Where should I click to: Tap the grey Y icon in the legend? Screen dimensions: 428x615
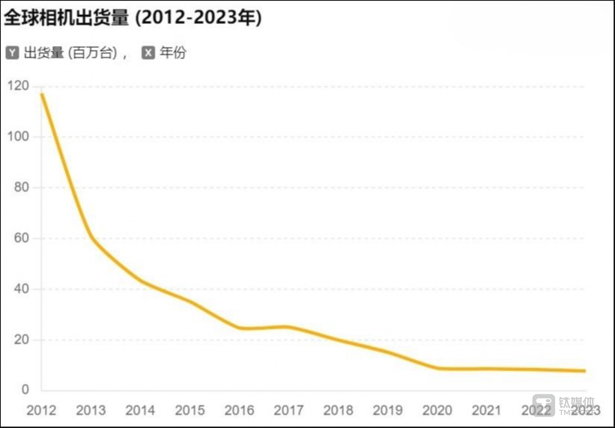pos(12,53)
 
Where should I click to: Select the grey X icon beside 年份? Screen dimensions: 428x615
pos(148,53)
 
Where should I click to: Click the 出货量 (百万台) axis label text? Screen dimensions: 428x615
pos(70,53)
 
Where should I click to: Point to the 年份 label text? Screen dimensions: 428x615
pos(173,53)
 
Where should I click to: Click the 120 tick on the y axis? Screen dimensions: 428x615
pos(18,86)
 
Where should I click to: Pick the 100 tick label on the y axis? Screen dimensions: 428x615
pos(18,137)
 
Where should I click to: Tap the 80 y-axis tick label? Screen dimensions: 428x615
pos(21,187)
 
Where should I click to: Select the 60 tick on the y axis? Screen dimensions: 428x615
pos(21,238)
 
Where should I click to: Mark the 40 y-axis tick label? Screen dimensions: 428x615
pos(21,289)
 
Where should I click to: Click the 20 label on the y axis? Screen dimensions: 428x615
pos(21,340)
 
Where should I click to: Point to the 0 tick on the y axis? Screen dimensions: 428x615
pos(25,390)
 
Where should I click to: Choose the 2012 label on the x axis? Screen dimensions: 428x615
pos(41,410)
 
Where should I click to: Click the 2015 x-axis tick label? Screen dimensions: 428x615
pos(190,410)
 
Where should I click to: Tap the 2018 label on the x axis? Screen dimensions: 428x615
pos(338,410)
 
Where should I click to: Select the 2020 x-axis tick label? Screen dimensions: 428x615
pos(437,410)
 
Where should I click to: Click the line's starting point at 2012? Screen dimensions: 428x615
pos(42,94)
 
